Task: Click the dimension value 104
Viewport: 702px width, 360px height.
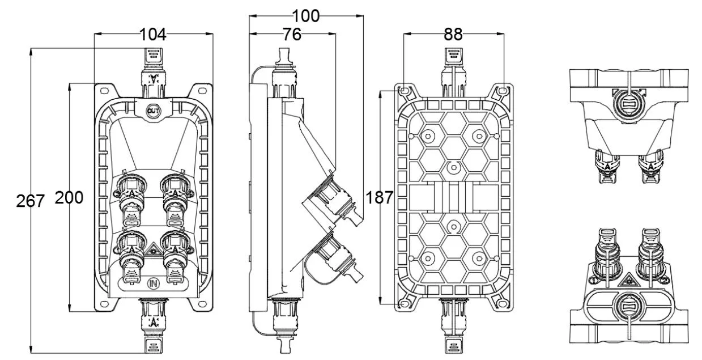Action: pyautogui.click(x=153, y=35)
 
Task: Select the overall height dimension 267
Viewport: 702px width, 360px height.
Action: pyautogui.click(x=30, y=200)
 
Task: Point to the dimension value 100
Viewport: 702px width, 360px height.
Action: pyautogui.click(x=306, y=16)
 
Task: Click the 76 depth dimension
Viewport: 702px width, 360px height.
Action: pyautogui.click(x=292, y=35)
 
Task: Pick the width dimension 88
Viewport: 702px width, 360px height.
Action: pyautogui.click(x=453, y=35)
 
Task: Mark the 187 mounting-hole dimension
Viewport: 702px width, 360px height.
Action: pyautogui.click(x=379, y=197)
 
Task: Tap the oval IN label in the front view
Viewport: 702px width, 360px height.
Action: pyautogui.click(x=153, y=282)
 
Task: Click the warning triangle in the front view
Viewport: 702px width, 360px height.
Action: pyautogui.click(x=153, y=249)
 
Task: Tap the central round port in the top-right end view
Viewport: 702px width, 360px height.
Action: pyautogui.click(x=628, y=104)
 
